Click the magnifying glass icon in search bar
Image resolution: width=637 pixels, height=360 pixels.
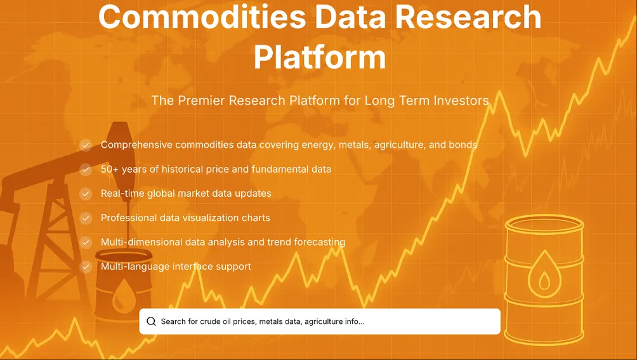pos(151,321)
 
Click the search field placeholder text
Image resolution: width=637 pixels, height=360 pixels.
pos(262,321)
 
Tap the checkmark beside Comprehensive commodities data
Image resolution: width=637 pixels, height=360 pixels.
pos(86,145)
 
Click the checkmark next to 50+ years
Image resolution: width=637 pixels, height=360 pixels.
pos(86,170)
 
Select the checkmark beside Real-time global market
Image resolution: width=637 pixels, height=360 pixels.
pos(86,194)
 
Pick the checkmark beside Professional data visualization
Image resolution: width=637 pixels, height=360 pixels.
pos(86,218)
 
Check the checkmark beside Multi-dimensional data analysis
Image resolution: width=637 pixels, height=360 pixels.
pos(86,243)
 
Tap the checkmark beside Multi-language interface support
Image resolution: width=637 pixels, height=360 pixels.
pos(86,267)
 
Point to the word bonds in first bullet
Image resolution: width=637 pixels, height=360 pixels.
pos(463,145)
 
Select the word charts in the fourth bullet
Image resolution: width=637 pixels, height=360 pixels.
pos(256,218)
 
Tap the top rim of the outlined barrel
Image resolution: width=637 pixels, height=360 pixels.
pos(544,222)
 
